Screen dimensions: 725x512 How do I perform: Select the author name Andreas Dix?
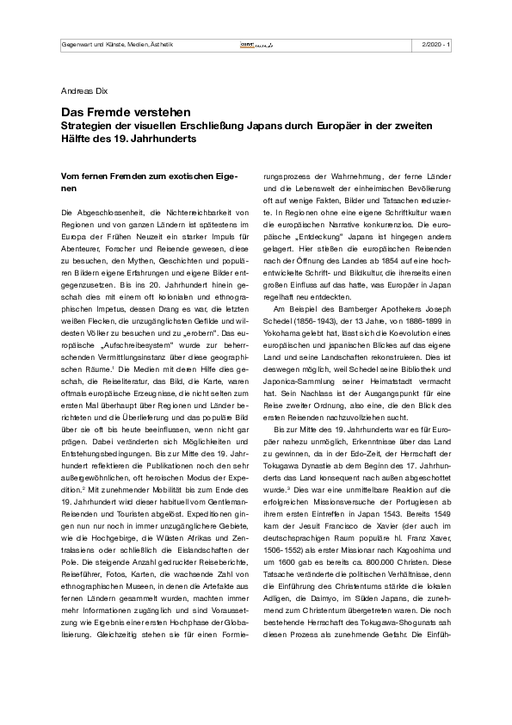(86, 89)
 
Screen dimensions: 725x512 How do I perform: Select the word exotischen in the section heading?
(191, 175)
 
